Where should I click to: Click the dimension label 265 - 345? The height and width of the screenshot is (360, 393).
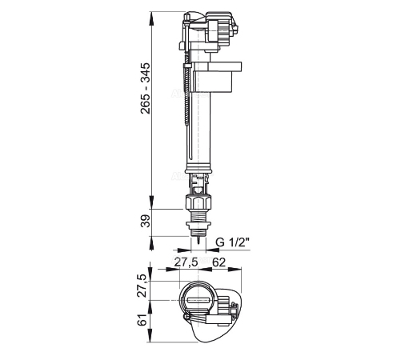146,88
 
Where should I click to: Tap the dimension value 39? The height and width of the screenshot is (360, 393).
146,221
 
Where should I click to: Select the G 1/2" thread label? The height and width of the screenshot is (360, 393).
232,242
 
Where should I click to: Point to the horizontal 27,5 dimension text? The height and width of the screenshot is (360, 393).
186,262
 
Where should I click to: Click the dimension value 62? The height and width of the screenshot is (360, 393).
219,262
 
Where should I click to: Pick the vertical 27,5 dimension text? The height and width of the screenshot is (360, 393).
142,286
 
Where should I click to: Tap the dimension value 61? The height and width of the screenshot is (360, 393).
142,319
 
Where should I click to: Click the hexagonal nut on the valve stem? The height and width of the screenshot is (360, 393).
199,202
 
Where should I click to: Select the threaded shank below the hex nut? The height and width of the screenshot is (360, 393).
199,216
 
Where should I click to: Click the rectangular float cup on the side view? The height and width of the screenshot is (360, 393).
217,77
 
